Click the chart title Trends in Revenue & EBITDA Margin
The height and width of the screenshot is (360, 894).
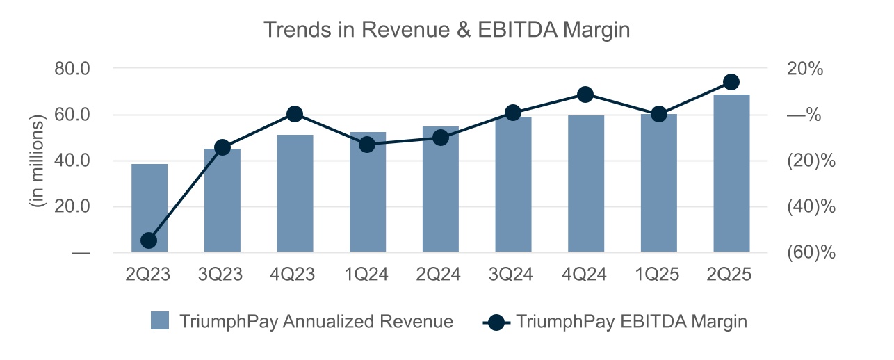point(446,30)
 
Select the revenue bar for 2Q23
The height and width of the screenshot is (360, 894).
point(149,208)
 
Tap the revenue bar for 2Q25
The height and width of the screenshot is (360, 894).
point(731,173)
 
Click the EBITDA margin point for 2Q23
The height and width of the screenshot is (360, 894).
point(149,240)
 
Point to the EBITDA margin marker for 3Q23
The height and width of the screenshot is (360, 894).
point(222,147)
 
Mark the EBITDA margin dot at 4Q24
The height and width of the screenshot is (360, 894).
point(585,95)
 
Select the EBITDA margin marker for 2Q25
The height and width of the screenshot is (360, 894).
point(731,82)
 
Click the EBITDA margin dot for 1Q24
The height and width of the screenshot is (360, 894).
point(368,145)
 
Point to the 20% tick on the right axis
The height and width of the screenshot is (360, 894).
point(805,69)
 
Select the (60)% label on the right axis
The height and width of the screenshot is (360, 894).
point(811,252)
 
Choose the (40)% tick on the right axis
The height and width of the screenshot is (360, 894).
point(811,206)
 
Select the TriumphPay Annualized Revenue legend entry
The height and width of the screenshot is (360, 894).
point(302,322)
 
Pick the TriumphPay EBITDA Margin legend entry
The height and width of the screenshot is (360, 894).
point(615,322)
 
